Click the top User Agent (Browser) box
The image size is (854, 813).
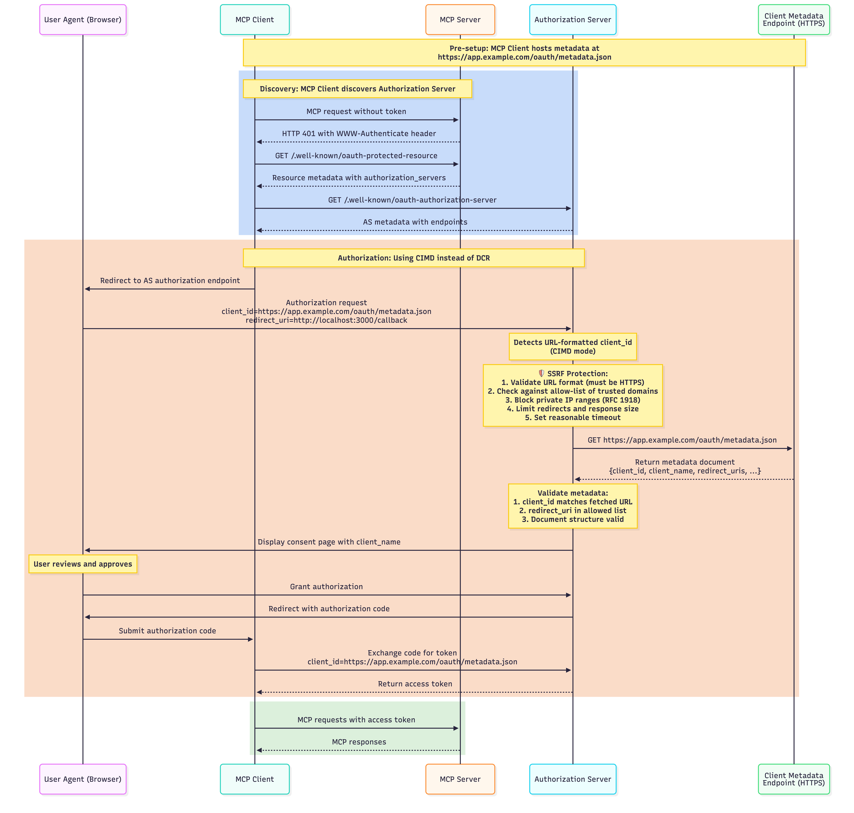(83, 19)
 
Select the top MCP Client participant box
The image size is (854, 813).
(254, 19)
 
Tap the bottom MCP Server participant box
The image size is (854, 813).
(460, 779)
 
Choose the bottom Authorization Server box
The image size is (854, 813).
(573, 779)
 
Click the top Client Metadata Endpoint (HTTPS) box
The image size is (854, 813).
(793, 19)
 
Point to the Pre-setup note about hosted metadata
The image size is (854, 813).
(524, 52)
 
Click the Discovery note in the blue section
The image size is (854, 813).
(357, 89)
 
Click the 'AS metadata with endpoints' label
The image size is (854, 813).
(415, 222)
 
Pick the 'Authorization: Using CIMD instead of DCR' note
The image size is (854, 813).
(414, 258)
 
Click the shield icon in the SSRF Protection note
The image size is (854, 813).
(541, 373)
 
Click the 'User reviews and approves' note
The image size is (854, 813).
(83, 564)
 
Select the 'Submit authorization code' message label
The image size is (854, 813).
(167, 631)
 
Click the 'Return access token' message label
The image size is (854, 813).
(415, 683)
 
